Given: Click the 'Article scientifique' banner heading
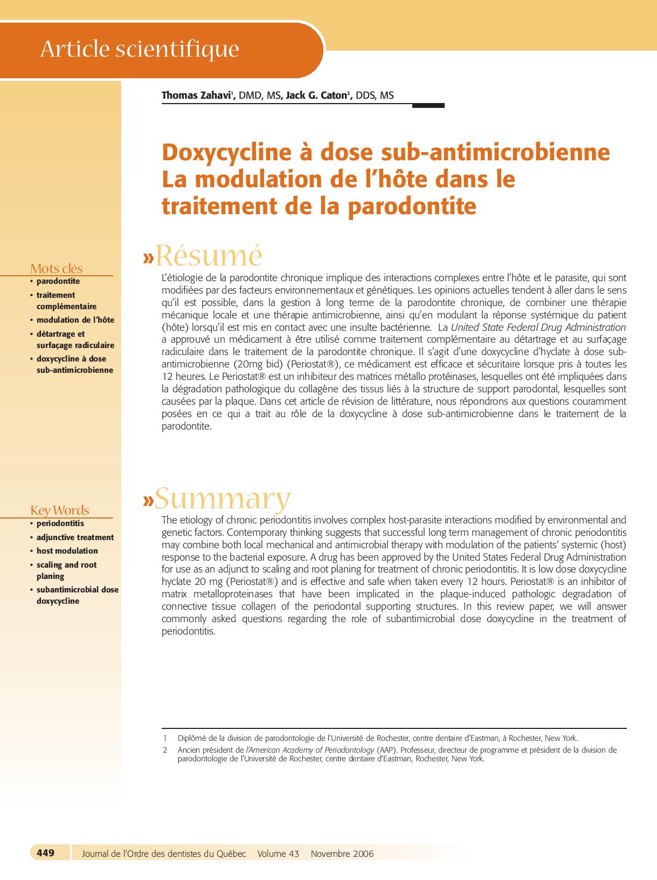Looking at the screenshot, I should click(x=140, y=49).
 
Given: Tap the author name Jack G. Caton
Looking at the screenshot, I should click(x=316, y=95).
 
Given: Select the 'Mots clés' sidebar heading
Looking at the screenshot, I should click(x=57, y=268).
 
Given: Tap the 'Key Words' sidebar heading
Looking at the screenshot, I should click(x=59, y=510).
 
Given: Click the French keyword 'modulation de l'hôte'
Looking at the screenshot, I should click(x=75, y=320).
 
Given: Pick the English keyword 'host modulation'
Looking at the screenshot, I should click(x=67, y=551).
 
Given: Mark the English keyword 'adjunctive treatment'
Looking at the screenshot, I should click(x=75, y=537).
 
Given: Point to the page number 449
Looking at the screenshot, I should click(x=46, y=853).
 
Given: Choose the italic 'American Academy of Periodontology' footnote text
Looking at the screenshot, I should click(x=310, y=750).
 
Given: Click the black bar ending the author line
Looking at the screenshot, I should click(x=428, y=106).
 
